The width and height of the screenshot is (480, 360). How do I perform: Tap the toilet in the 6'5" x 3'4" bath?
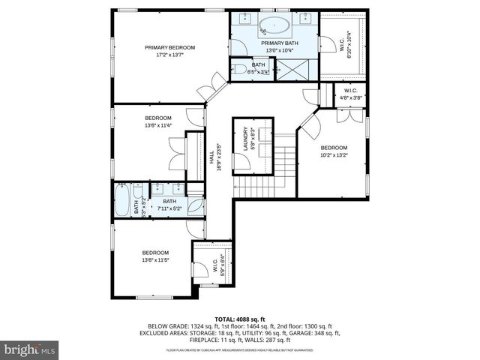pyautogui.click(x=241, y=70)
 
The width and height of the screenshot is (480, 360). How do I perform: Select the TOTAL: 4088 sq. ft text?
pyautogui.click(x=239, y=319)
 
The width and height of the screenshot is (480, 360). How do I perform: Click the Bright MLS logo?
pyautogui.click(x=29, y=349)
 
